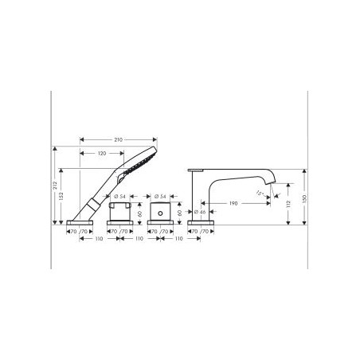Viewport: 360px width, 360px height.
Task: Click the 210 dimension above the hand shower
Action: [x=119, y=140]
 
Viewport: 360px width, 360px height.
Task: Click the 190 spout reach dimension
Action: [x=233, y=204]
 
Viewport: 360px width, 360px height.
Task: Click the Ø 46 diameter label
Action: [x=202, y=212]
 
